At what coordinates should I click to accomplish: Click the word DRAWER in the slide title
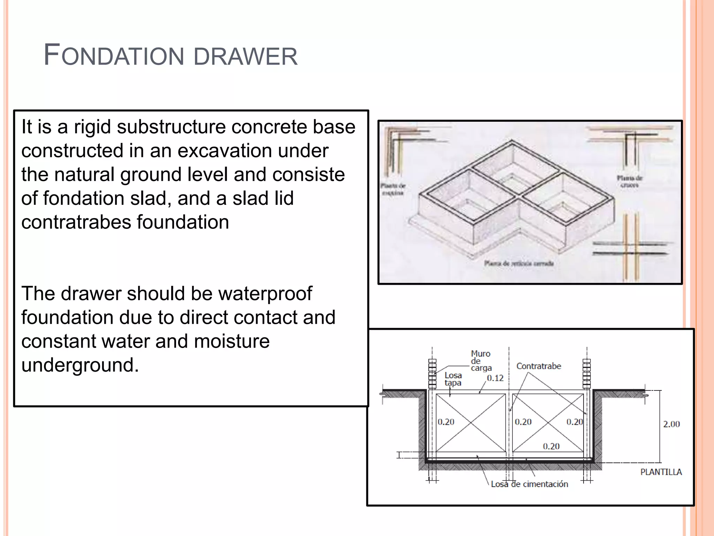(x=245, y=57)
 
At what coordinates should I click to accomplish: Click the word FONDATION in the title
(x=114, y=56)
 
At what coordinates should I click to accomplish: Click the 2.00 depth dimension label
(x=671, y=424)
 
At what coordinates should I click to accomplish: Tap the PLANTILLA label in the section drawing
(x=661, y=472)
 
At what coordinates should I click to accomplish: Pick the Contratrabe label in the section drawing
(x=539, y=366)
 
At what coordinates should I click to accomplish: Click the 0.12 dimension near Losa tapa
(x=495, y=378)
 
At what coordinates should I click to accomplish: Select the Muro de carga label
(x=481, y=361)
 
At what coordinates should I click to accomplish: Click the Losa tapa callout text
(x=453, y=379)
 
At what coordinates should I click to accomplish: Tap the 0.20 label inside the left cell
(x=446, y=422)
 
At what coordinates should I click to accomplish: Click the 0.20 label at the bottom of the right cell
(x=551, y=446)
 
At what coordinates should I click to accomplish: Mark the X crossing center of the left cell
(x=471, y=423)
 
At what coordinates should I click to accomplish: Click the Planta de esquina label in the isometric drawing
(x=393, y=189)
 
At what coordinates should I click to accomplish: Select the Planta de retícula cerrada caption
(x=519, y=263)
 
